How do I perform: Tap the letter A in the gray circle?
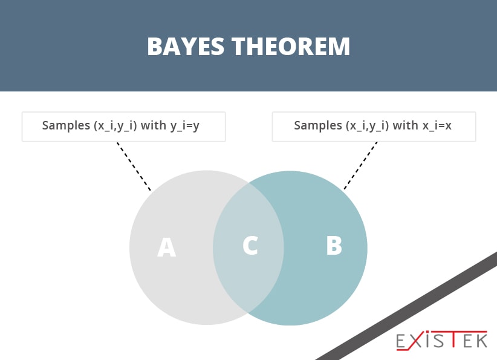click(166, 247)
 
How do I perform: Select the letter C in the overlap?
click(250, 245)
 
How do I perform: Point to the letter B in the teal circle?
click(334, 246)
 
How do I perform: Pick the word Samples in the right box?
click(316, 126)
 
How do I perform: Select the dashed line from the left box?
click(134, 166)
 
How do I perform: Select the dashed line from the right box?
click(361, 166)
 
